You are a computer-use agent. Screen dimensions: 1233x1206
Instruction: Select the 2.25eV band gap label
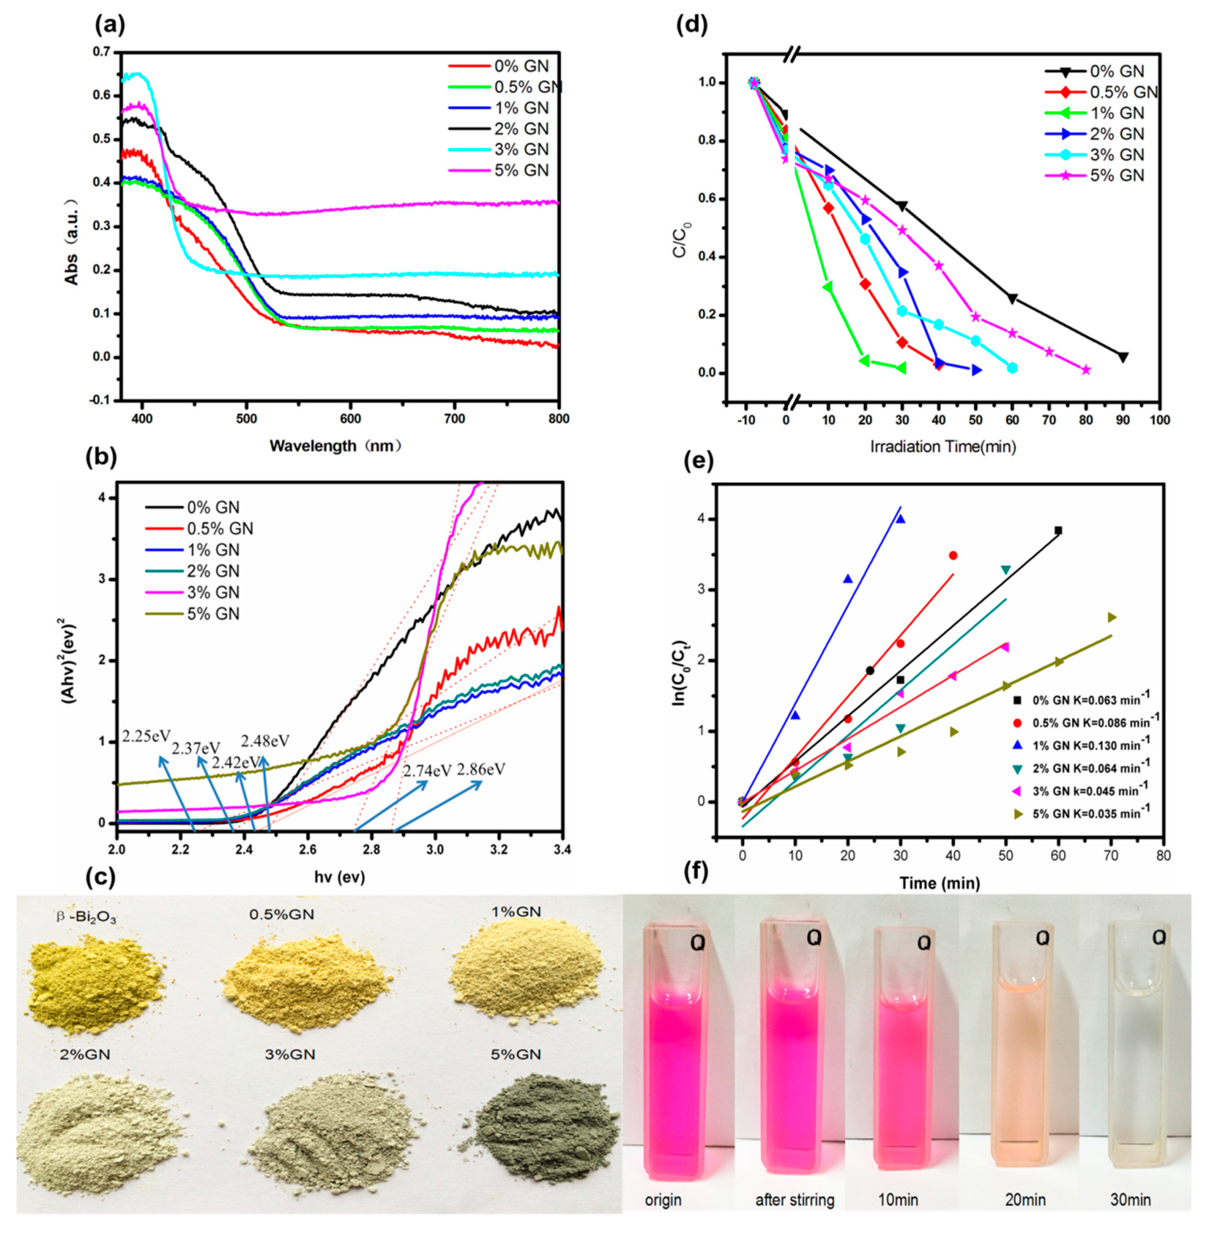[146, 736]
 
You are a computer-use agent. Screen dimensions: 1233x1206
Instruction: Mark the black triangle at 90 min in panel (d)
[1124, 357]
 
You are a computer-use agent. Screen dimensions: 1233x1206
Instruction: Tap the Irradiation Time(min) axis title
[942, 447]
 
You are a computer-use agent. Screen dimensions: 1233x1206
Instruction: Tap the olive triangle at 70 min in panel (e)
[1111, 617]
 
